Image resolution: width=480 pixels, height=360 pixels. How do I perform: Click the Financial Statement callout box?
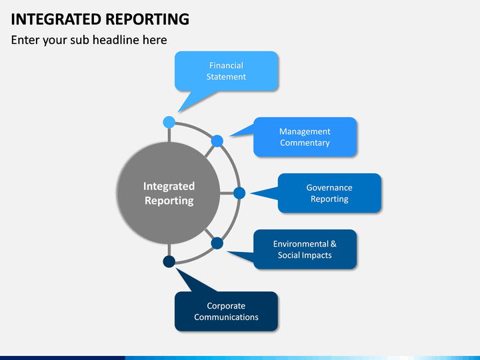(x=226, y=71)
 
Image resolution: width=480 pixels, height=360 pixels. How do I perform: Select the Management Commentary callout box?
(x=305, y=137)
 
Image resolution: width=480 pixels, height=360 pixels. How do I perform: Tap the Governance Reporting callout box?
(x=329, y=193)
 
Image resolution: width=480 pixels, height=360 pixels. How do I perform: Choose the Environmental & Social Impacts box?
(x=305, y=249)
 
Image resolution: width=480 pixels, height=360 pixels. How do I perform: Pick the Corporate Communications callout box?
(x=226, y=311)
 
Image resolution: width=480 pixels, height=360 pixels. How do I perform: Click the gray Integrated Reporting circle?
(x=169, y=193)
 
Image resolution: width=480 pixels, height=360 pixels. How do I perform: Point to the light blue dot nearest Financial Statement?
(x=169, y=122)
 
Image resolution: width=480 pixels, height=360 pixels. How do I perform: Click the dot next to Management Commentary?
(x=217, y=141)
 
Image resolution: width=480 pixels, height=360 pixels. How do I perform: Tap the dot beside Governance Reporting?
(x=239, y=193)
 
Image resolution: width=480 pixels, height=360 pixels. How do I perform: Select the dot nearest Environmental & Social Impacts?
(x=217, y=243)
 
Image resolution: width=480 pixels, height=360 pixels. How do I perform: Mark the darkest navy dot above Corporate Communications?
(x=169, y=262)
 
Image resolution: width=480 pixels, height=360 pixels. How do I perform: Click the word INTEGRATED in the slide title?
(x=56, y=19)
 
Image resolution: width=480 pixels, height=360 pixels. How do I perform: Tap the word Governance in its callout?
(x=329, y=187)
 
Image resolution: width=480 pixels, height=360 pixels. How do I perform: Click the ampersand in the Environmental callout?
(x=333, y=244)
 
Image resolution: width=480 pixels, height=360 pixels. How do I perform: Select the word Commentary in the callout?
(x=305, y=143)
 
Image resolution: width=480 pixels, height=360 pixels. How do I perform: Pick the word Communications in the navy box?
(x=226, y=317)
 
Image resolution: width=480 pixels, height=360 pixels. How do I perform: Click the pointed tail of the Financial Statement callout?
(x=178, y=113)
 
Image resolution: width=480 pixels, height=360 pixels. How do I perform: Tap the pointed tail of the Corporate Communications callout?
(x=176, y=269)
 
